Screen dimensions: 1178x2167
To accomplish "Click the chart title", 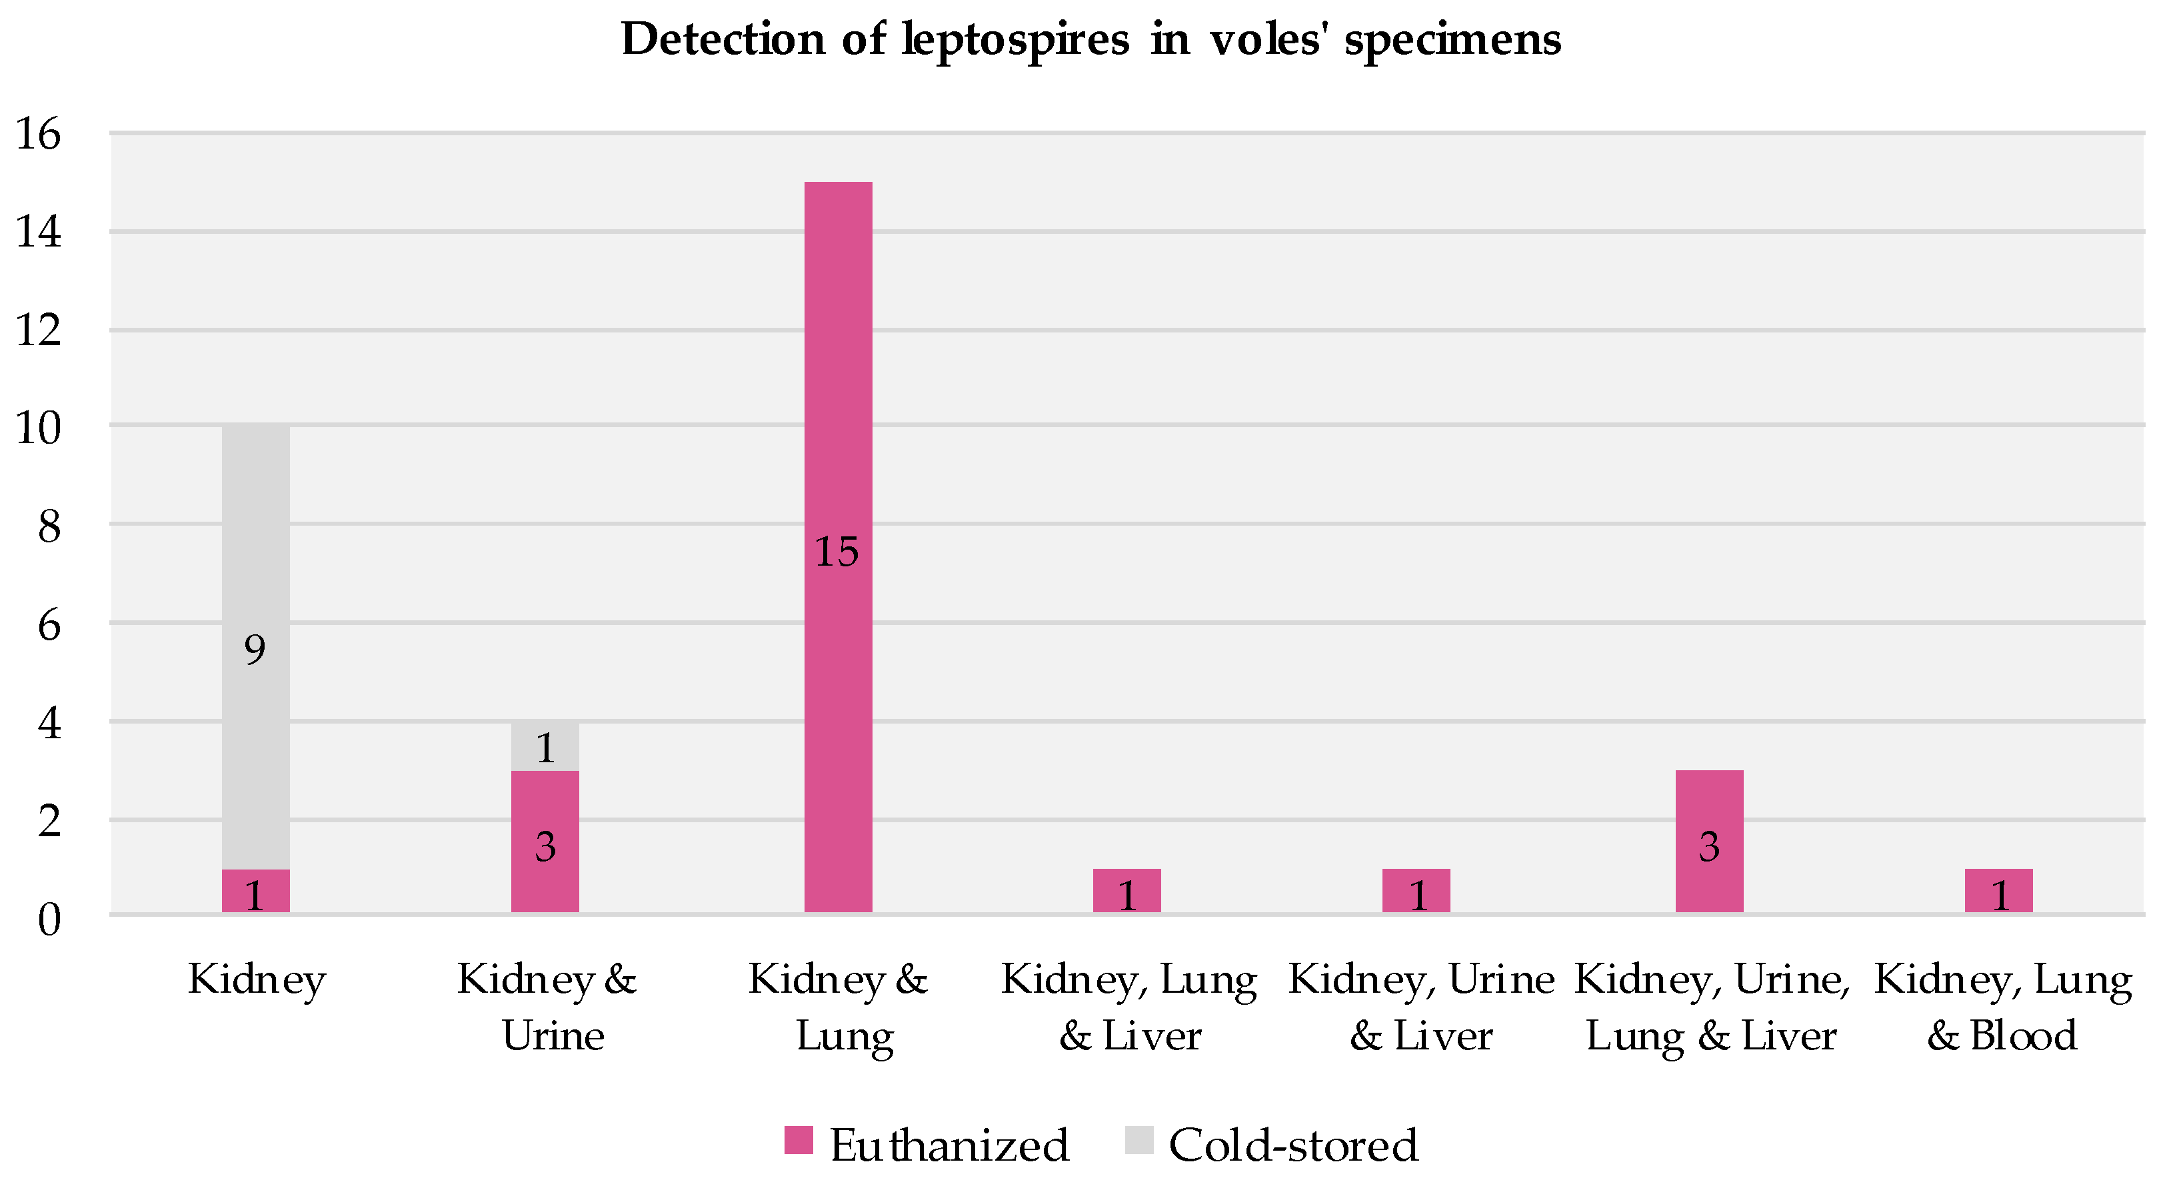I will click(1090, 39).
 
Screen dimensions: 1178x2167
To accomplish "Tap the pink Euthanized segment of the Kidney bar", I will click(256, 891).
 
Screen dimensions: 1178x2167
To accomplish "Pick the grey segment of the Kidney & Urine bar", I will click(545, 746).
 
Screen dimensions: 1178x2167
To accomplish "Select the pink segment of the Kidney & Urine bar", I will click(545, 841).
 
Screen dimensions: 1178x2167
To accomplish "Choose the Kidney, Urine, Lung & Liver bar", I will click(1708, 841).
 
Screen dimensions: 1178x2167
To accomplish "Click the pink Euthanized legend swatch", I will click(799, 1140).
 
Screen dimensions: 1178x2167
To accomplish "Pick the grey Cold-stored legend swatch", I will click(1138, 1140).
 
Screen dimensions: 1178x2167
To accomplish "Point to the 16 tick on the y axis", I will click(39, 135).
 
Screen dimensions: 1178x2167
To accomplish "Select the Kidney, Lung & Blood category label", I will click(2002, 1007).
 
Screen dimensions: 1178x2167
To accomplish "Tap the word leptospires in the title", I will click(1015, 39).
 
